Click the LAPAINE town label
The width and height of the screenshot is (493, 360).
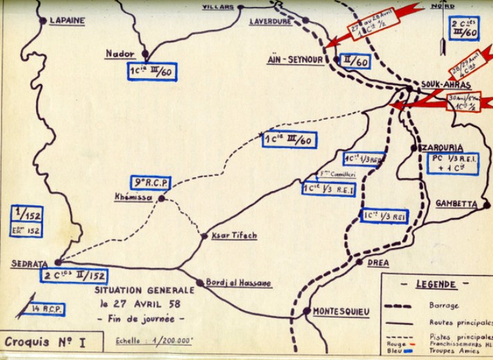pyautogui.click(x=67, y=21)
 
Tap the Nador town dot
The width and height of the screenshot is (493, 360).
pyautogui.click(x=145, y=53)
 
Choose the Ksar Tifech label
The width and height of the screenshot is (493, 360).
pyautogui.click(x=233, y=236)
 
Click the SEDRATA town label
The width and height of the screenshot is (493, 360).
pyautogui.click(x=30, y=263)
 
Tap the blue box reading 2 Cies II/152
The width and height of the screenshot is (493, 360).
pyautogui.click(x=74, y=275)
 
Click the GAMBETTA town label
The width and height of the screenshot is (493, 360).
pyautogui.click(x=456, y=204)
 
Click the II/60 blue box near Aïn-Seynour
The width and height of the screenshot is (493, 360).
pyautogui.click(x=353, y=62)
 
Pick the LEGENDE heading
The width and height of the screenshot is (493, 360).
pyautogui.click(x=435, y=284)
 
